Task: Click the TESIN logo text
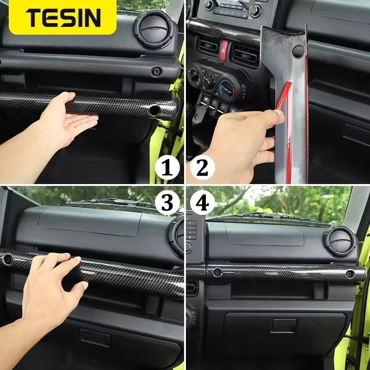coord(63,18)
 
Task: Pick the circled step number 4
coord(202,202)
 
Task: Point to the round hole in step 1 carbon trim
coord(154,110)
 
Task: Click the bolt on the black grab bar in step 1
coord(156,71)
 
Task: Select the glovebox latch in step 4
coord(284,325)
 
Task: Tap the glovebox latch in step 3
coord(94,337)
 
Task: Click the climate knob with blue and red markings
coord(227,87)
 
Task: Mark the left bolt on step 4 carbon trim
coord(217,272)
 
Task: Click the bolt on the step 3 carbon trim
coord(8,259)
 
